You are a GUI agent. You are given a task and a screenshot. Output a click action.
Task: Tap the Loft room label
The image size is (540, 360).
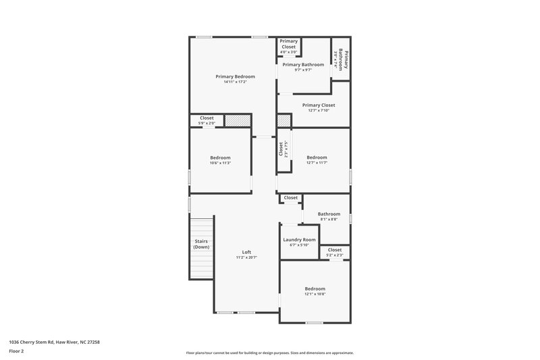click(246, 252)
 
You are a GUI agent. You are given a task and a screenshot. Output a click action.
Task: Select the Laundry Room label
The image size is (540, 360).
click(299, 240)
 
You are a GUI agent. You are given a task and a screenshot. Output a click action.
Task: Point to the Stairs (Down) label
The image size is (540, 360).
click(201, 244)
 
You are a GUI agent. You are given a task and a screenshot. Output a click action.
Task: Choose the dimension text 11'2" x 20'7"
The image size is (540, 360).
click(246, 257)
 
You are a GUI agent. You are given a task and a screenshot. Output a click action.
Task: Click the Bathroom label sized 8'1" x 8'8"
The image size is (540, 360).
click(329, 214)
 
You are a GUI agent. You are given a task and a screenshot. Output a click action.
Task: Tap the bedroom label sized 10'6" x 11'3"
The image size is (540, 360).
click(220, 157)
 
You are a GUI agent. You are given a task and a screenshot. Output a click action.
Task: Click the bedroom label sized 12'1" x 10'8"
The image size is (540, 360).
click(315, 288)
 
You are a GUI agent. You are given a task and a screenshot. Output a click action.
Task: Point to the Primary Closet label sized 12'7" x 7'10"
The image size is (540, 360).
click(319, 105)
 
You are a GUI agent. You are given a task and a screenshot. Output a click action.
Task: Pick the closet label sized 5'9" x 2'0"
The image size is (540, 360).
click(207, 118)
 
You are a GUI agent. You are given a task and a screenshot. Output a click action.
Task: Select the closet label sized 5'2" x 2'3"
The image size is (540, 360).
click(334, 250)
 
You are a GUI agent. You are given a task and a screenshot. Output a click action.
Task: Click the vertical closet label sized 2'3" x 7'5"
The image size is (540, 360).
click(280, 149)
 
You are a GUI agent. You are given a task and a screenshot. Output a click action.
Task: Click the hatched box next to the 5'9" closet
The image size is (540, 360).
click(238, 120)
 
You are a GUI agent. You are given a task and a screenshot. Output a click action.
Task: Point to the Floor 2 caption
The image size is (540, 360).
click(16, 351)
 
